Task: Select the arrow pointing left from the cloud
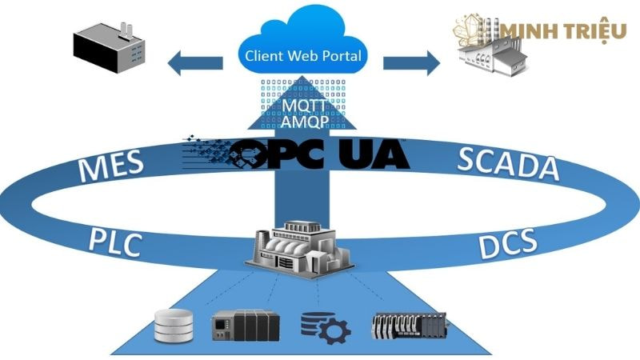[196, 61]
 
